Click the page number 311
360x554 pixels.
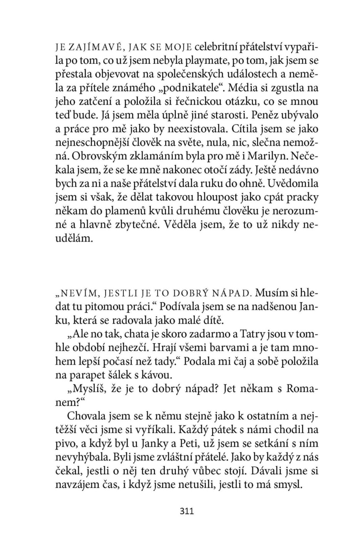186,511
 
